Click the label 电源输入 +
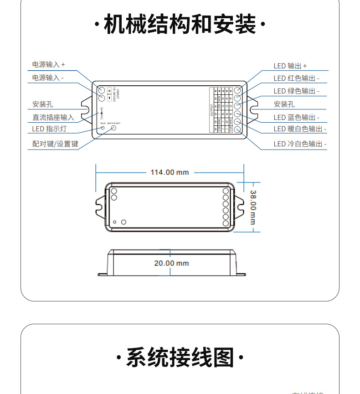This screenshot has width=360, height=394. pos(48,65)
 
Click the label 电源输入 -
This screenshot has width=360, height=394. pos(48,78)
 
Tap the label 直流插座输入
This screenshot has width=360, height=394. pos(53,117)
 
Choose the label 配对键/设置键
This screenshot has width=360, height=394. pos(55,144)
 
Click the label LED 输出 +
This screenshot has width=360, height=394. pos(290,66)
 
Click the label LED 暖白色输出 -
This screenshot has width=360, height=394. pos(300,129)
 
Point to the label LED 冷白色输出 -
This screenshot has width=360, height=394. pos(300,144)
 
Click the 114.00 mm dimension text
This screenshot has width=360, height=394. pos(170,172)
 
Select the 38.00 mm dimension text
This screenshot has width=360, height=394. pos(253,207)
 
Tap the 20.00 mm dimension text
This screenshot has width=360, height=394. pos(171,263)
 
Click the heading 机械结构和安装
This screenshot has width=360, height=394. pos(180,24)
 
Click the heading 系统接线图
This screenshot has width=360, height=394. pos(180,357)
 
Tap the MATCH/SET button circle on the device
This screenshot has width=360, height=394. pos(114,128)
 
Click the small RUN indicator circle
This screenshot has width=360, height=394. pos(103,128)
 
